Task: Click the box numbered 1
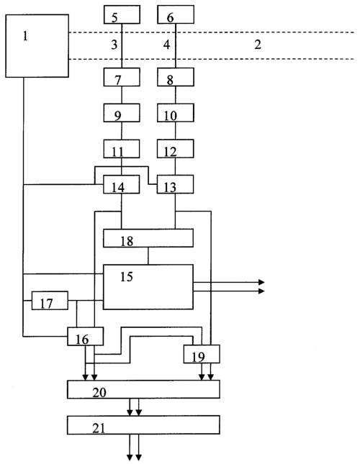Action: (37, 46)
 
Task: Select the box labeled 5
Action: (122, 14)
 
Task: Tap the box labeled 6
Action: (176, 14)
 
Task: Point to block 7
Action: (122, 77)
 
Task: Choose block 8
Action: (176, 77)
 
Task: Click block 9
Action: (122, 113)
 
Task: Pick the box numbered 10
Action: (176, 113)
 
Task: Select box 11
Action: (122, 148)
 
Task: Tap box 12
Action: (176, 148)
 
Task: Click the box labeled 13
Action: (175, 184)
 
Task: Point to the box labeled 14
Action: (122, 184)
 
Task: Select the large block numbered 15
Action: (148, 287)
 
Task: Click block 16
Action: (86, 336)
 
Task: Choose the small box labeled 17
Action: (50, 301)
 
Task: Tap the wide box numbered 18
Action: (148, 238)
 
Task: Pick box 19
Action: (202, 354)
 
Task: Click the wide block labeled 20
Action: (143, 389)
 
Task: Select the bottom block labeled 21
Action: (143, 425)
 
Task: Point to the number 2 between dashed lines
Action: (258, 45)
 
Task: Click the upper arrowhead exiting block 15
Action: (261, 282)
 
